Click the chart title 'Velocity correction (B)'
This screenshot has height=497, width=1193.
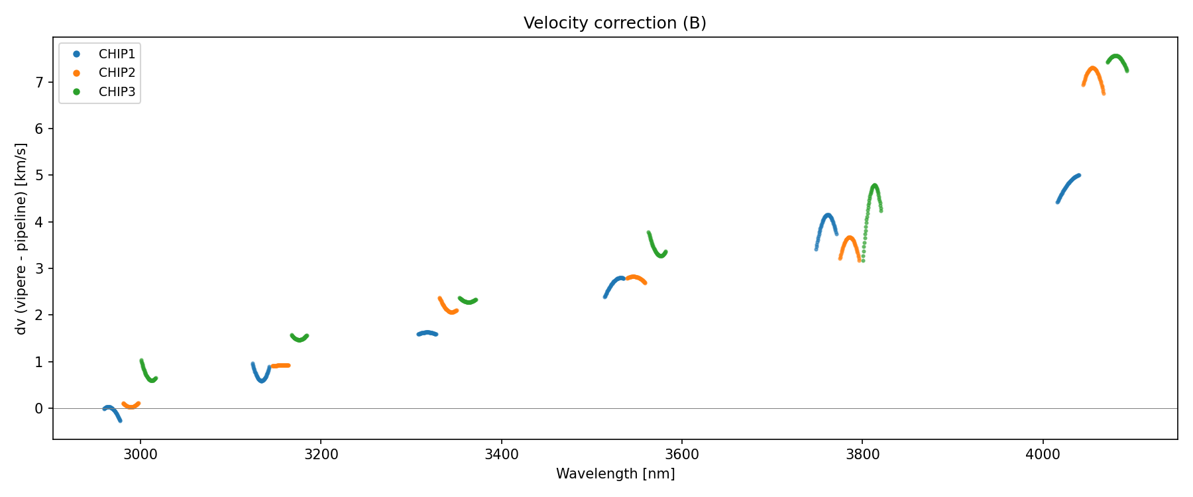(x=614, y=23)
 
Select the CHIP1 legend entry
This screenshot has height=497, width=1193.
(x=117, y=54)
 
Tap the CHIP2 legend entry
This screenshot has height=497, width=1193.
(x=117, y=73)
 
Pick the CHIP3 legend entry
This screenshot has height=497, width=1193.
(x=117, y=92)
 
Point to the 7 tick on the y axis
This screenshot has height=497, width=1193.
(x=39, y=82)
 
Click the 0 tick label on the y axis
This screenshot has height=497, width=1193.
(x=39, y=408)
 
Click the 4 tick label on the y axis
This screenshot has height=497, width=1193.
(x=39, y=222)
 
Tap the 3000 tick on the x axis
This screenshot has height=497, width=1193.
(x=140, y=455)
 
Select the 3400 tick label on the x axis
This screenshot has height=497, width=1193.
(x=501, y=455)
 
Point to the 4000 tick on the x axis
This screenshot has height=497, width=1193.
(x=1043, y=455)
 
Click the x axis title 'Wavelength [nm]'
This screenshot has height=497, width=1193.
(x=615, y=474)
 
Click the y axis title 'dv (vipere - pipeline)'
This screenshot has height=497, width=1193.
(x=21, y=239)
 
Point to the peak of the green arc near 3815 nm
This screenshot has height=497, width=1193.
(x=875, y=186)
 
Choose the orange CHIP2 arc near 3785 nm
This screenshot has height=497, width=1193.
(x=850, y=239)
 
